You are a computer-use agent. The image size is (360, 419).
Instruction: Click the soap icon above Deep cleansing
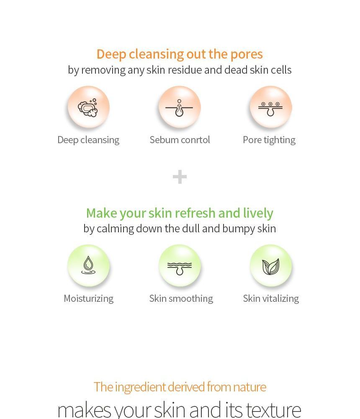[x=88, y=108]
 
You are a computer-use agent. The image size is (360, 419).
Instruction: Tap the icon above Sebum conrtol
[x=179, y=108]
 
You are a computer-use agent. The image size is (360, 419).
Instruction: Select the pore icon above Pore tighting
[x=270, y=108]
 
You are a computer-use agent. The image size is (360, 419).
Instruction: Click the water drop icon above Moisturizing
[x=88, y=266]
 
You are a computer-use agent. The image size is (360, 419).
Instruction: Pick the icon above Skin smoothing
[x=180, y=266]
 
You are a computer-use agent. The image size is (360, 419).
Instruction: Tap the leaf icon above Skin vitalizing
[x=271, y=266]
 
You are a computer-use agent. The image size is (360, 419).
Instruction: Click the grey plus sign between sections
[x=180, y=177]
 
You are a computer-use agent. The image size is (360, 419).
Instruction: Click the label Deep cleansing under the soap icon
[x=88, y=140]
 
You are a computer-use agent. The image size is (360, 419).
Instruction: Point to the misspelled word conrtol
[x=196, y=140]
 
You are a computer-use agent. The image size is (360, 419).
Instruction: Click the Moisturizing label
[x=88, y=298]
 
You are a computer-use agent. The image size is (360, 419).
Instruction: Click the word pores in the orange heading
[x=247, y=54]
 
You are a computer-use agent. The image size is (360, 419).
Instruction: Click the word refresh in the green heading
[x=195, y=213]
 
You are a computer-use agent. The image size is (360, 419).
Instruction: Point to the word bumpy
[x=237, y=229]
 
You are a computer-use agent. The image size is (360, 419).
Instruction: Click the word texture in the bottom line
[x=273, y=409]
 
